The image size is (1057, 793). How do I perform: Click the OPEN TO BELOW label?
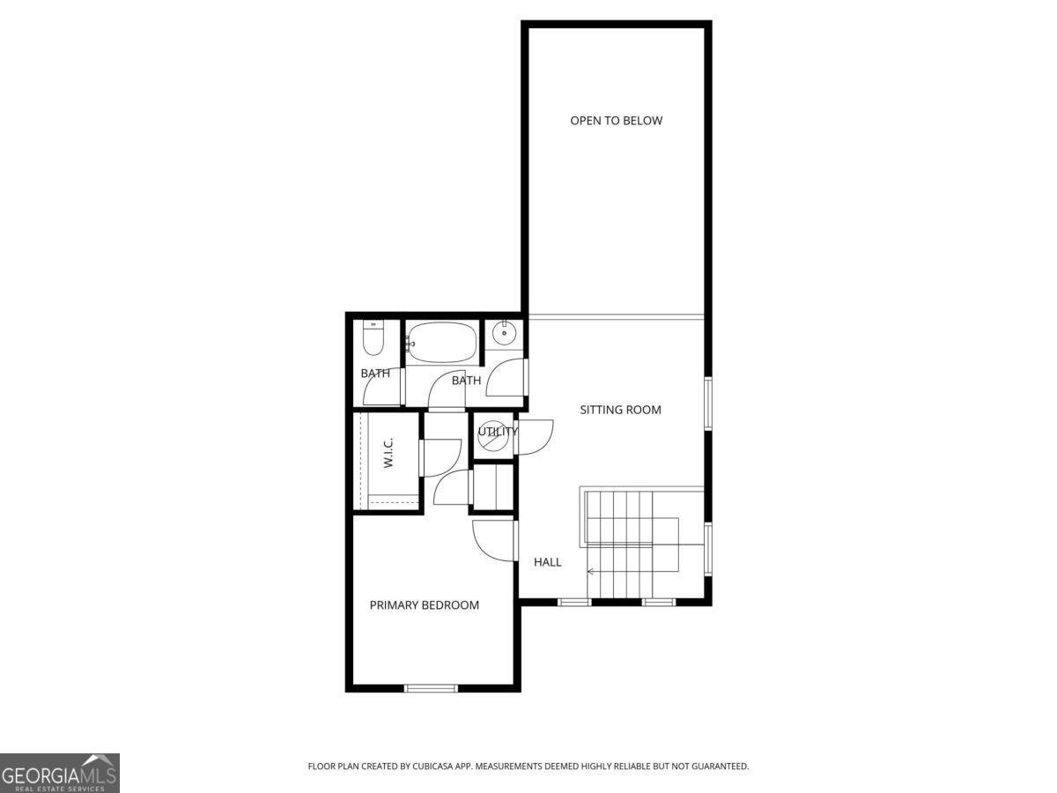(616, 121)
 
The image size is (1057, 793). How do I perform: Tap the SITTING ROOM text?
(620, 410)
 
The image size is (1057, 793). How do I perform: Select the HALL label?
(547, 562)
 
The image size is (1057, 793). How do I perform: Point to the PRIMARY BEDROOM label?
(424, 605)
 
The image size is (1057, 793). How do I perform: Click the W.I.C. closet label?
(388, 454)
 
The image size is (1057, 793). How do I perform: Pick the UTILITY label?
(498, 432)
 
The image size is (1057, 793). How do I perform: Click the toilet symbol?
(373, 339)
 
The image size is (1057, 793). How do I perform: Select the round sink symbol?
(506, 333)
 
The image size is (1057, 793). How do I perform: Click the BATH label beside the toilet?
(375, 374)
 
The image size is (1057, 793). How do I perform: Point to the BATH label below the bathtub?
(466, 381)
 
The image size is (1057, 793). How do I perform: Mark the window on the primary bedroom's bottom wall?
(431, 687)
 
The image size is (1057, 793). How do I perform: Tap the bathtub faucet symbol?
(409, 343)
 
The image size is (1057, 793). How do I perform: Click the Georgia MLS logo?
(59, 773)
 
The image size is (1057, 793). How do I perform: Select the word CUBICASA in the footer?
(435, 767)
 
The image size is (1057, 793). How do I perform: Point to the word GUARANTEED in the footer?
(718, 767)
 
